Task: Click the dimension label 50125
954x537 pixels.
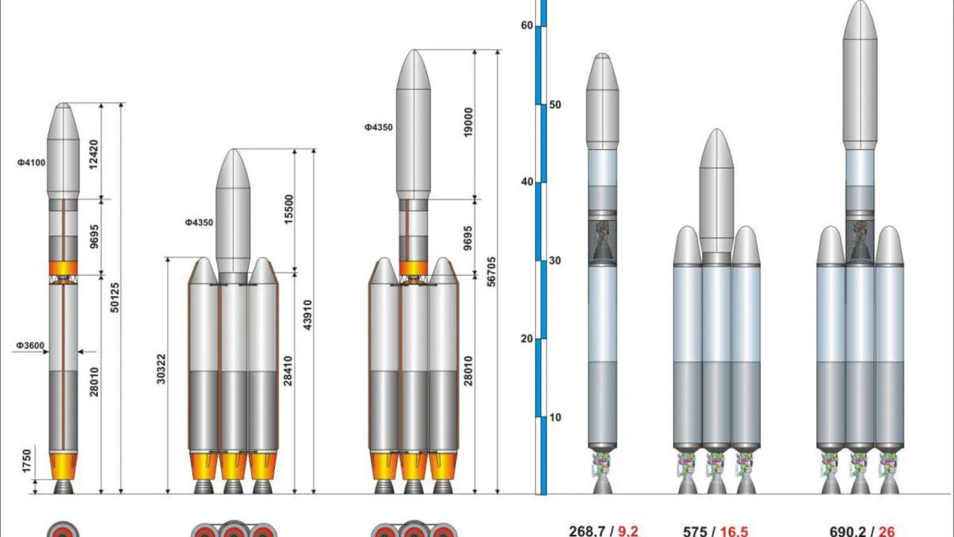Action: tap(115, 298)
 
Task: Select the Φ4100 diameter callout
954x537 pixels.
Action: tap(31, 163)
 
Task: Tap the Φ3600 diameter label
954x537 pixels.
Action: tap(31, 345)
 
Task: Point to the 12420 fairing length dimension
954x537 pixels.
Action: tap(94, 154)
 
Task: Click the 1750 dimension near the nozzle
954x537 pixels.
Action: tap(27, 461)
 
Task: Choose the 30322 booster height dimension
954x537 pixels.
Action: tap(161, 369)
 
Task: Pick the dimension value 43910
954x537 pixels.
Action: tap(308, 315)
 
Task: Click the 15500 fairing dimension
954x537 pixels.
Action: tap(288, 210)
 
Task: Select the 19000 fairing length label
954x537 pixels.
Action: tap(468, 122)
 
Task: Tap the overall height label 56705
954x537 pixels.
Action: tap(491, 271)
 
